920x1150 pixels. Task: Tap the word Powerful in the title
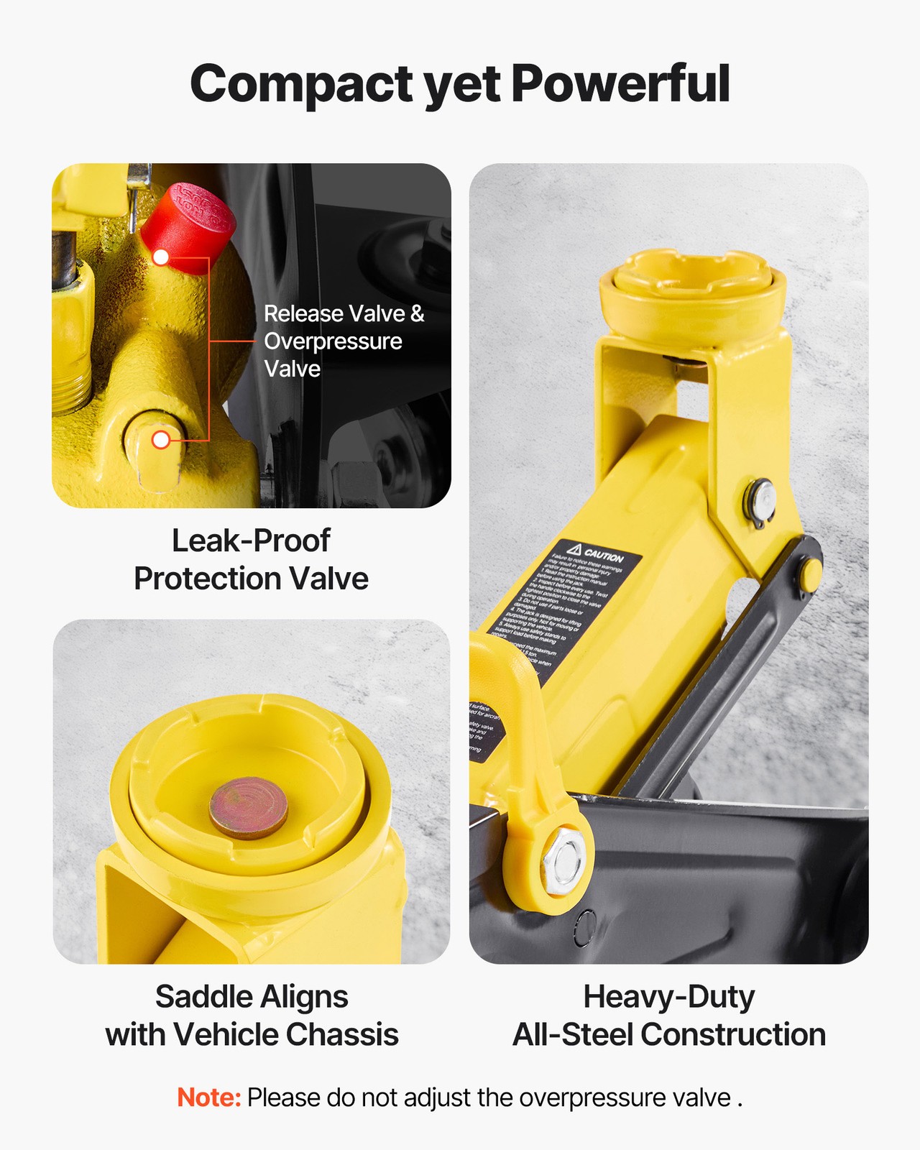point(620,83)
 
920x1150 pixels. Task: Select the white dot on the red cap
point(161,257)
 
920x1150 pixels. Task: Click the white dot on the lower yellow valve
point(161,440)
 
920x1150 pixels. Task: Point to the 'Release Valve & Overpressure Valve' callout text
point(343,341)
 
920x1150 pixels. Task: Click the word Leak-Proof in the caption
point(251,541)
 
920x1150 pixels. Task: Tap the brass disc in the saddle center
point(248,806)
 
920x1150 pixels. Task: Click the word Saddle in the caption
point(203,997)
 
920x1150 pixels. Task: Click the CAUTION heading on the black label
point(604,556)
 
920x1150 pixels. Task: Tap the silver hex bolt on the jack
point(562,860)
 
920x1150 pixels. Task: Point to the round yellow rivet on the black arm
point(810,573)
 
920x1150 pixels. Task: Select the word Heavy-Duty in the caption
point(668,997)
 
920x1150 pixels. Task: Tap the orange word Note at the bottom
point(208,1098)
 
